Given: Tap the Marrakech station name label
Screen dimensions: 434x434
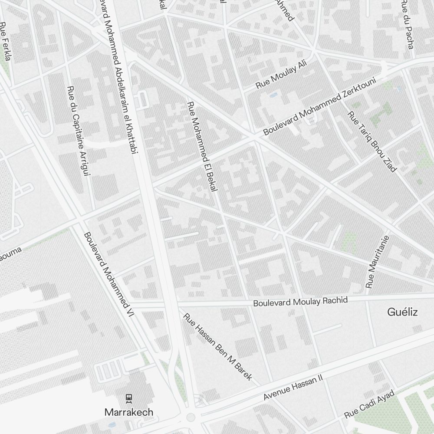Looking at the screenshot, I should click(x=129, y=412).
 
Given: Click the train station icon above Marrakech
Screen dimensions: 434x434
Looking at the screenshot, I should click(x=128, y=397).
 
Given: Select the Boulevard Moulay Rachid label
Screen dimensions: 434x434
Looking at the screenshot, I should click(x=300, y=301).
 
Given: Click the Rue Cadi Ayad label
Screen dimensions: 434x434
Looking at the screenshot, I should click(x=369, y=404).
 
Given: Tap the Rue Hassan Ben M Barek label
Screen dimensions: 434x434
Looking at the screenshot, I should click(x=218, y=347).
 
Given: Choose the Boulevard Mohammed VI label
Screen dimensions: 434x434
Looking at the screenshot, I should click(x=109, y=273).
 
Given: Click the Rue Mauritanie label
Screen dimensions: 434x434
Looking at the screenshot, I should click(x=378, y=262).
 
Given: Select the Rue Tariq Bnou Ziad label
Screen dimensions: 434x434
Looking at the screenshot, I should click(x=372, y=141).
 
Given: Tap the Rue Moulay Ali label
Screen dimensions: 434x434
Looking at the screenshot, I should click(x=281, y=75).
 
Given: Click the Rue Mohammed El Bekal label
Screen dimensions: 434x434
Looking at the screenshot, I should click(x=203, y=146).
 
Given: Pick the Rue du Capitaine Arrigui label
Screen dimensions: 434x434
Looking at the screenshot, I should click(x=78, y=131).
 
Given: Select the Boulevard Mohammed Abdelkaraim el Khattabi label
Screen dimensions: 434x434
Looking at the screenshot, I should click(x=120, y=78).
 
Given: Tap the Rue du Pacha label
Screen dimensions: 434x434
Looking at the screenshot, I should click(x=407, y=24).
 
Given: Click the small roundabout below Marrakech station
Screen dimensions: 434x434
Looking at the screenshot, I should click(x=190, y=418).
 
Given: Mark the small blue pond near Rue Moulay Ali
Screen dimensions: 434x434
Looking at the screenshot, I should click(x=273, y=94).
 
